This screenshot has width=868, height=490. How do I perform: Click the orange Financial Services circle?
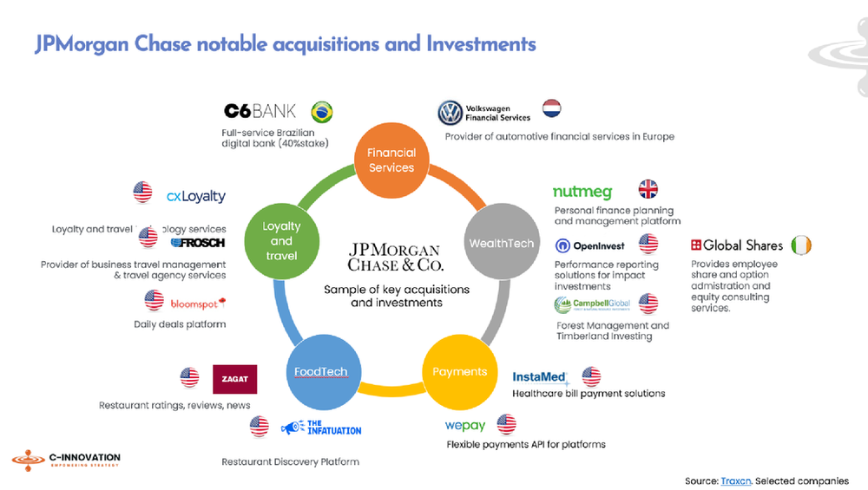tap(391, 159)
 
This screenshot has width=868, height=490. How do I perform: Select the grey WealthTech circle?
tap(501, 243)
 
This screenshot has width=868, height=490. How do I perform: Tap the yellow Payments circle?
tap(459, 371)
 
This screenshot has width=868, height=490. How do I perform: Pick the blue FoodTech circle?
tap(320, 371)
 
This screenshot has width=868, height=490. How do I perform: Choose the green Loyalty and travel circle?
tap(281, 241)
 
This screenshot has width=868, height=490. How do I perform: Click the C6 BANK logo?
tap(260, 111)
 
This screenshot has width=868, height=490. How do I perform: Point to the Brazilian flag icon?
tap(322, 112)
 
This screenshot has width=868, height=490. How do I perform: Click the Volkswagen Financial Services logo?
tap(484, 113)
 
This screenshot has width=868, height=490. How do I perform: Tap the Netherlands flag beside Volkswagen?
tap(551, 108)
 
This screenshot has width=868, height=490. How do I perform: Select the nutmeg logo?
tap(582, 192)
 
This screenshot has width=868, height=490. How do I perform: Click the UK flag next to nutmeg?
tap(648, 189)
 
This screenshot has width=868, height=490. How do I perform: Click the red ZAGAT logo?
tap(234, 379)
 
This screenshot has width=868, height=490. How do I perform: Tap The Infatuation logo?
tap(320, 428)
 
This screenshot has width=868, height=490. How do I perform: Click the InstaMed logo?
tap(540, 377)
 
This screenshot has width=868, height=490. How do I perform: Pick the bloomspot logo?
tap(198, 303)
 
